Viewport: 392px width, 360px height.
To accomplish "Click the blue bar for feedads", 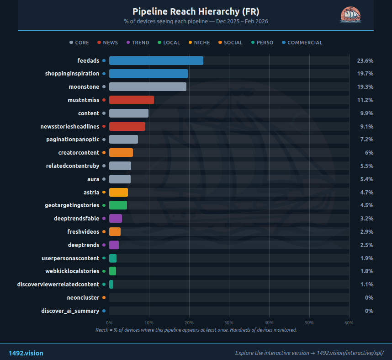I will point(156,60).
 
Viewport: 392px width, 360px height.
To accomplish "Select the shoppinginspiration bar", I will point(148,74).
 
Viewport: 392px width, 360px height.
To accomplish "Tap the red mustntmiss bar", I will point(131,100).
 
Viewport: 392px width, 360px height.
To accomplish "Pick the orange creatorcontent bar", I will point(121,152).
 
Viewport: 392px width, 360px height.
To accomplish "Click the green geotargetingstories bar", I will point(118,205).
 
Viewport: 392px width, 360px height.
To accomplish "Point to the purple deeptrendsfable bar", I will point(115,218).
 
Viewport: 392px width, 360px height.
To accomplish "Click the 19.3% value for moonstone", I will point(365,87).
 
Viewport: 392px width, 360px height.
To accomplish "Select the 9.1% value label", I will point(366,126).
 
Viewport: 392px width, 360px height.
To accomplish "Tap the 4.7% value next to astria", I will point(366,192).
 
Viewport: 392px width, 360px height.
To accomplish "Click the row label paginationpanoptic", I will point(72,140).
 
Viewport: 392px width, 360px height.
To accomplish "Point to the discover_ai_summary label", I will point(70,311).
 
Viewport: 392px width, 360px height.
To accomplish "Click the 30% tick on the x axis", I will point(229,323).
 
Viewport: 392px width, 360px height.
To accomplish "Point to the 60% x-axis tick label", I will point(349,323).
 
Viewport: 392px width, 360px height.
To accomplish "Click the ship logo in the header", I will point(351,15).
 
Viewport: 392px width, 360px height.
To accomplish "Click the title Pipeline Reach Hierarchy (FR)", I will point(196,11).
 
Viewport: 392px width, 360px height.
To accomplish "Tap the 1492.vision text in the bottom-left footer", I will point(26,353).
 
